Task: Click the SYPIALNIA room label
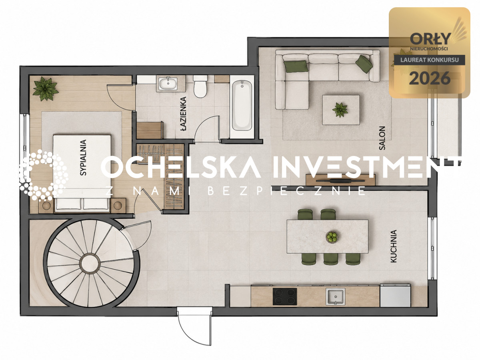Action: pyautogui.click(x=83, y=158)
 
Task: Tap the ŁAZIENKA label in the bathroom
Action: pyautogui.click(x=184, y=114)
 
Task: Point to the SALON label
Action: pyautogui.click(x=382, y=138)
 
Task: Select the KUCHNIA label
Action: pyautogui.click(x=394, y=246)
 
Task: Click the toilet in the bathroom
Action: pyautogui.click(x=200, y=86)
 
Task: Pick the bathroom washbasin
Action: pyautogui.click(x=168, y=83)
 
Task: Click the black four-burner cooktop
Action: pyautogui.click(x=285, y=296)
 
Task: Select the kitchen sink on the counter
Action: pyautogui.click(x=335, y=296)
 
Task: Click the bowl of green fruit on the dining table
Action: pyautogui.click(x=332, y=237)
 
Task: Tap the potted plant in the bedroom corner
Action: pyautogui.click(x=46, y=88)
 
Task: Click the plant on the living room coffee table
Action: pyautogui.click(x=340, y=110)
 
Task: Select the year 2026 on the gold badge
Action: pyautogui.click(x=430, y=78)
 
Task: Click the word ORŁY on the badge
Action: pyautogui.click(x=430, y=39)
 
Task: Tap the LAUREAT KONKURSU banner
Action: pyautogui.click(x=430, y=60)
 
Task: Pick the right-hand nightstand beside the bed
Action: pyautogui.click(x=118, y=205)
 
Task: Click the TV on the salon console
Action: pyautogui.click(x=341, y=180)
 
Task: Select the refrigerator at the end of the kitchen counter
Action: pyautogui.click(x=395, y=295)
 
